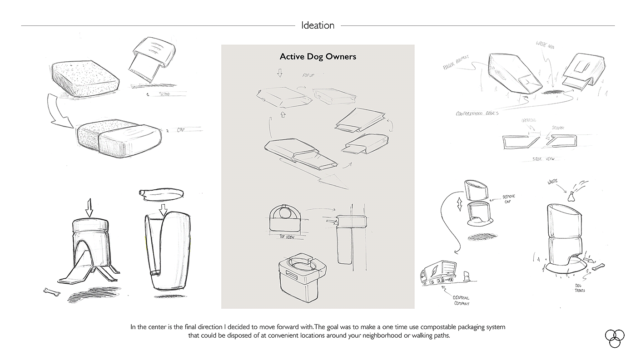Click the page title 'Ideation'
pyautogui.click(x=318, y=25)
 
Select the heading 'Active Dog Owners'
pyautogui.click(x=318, y=57)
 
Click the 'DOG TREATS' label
pyautogui.click(x=581, y=287)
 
